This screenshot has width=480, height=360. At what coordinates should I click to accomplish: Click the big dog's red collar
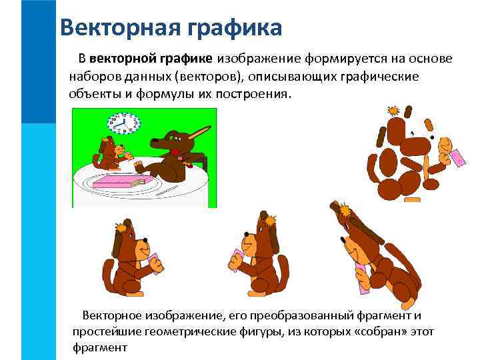[x=175, y=151]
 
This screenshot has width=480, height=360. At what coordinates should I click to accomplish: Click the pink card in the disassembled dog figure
[x=458, y=159]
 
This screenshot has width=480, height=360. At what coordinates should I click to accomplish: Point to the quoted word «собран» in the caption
[x=375, y=331]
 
